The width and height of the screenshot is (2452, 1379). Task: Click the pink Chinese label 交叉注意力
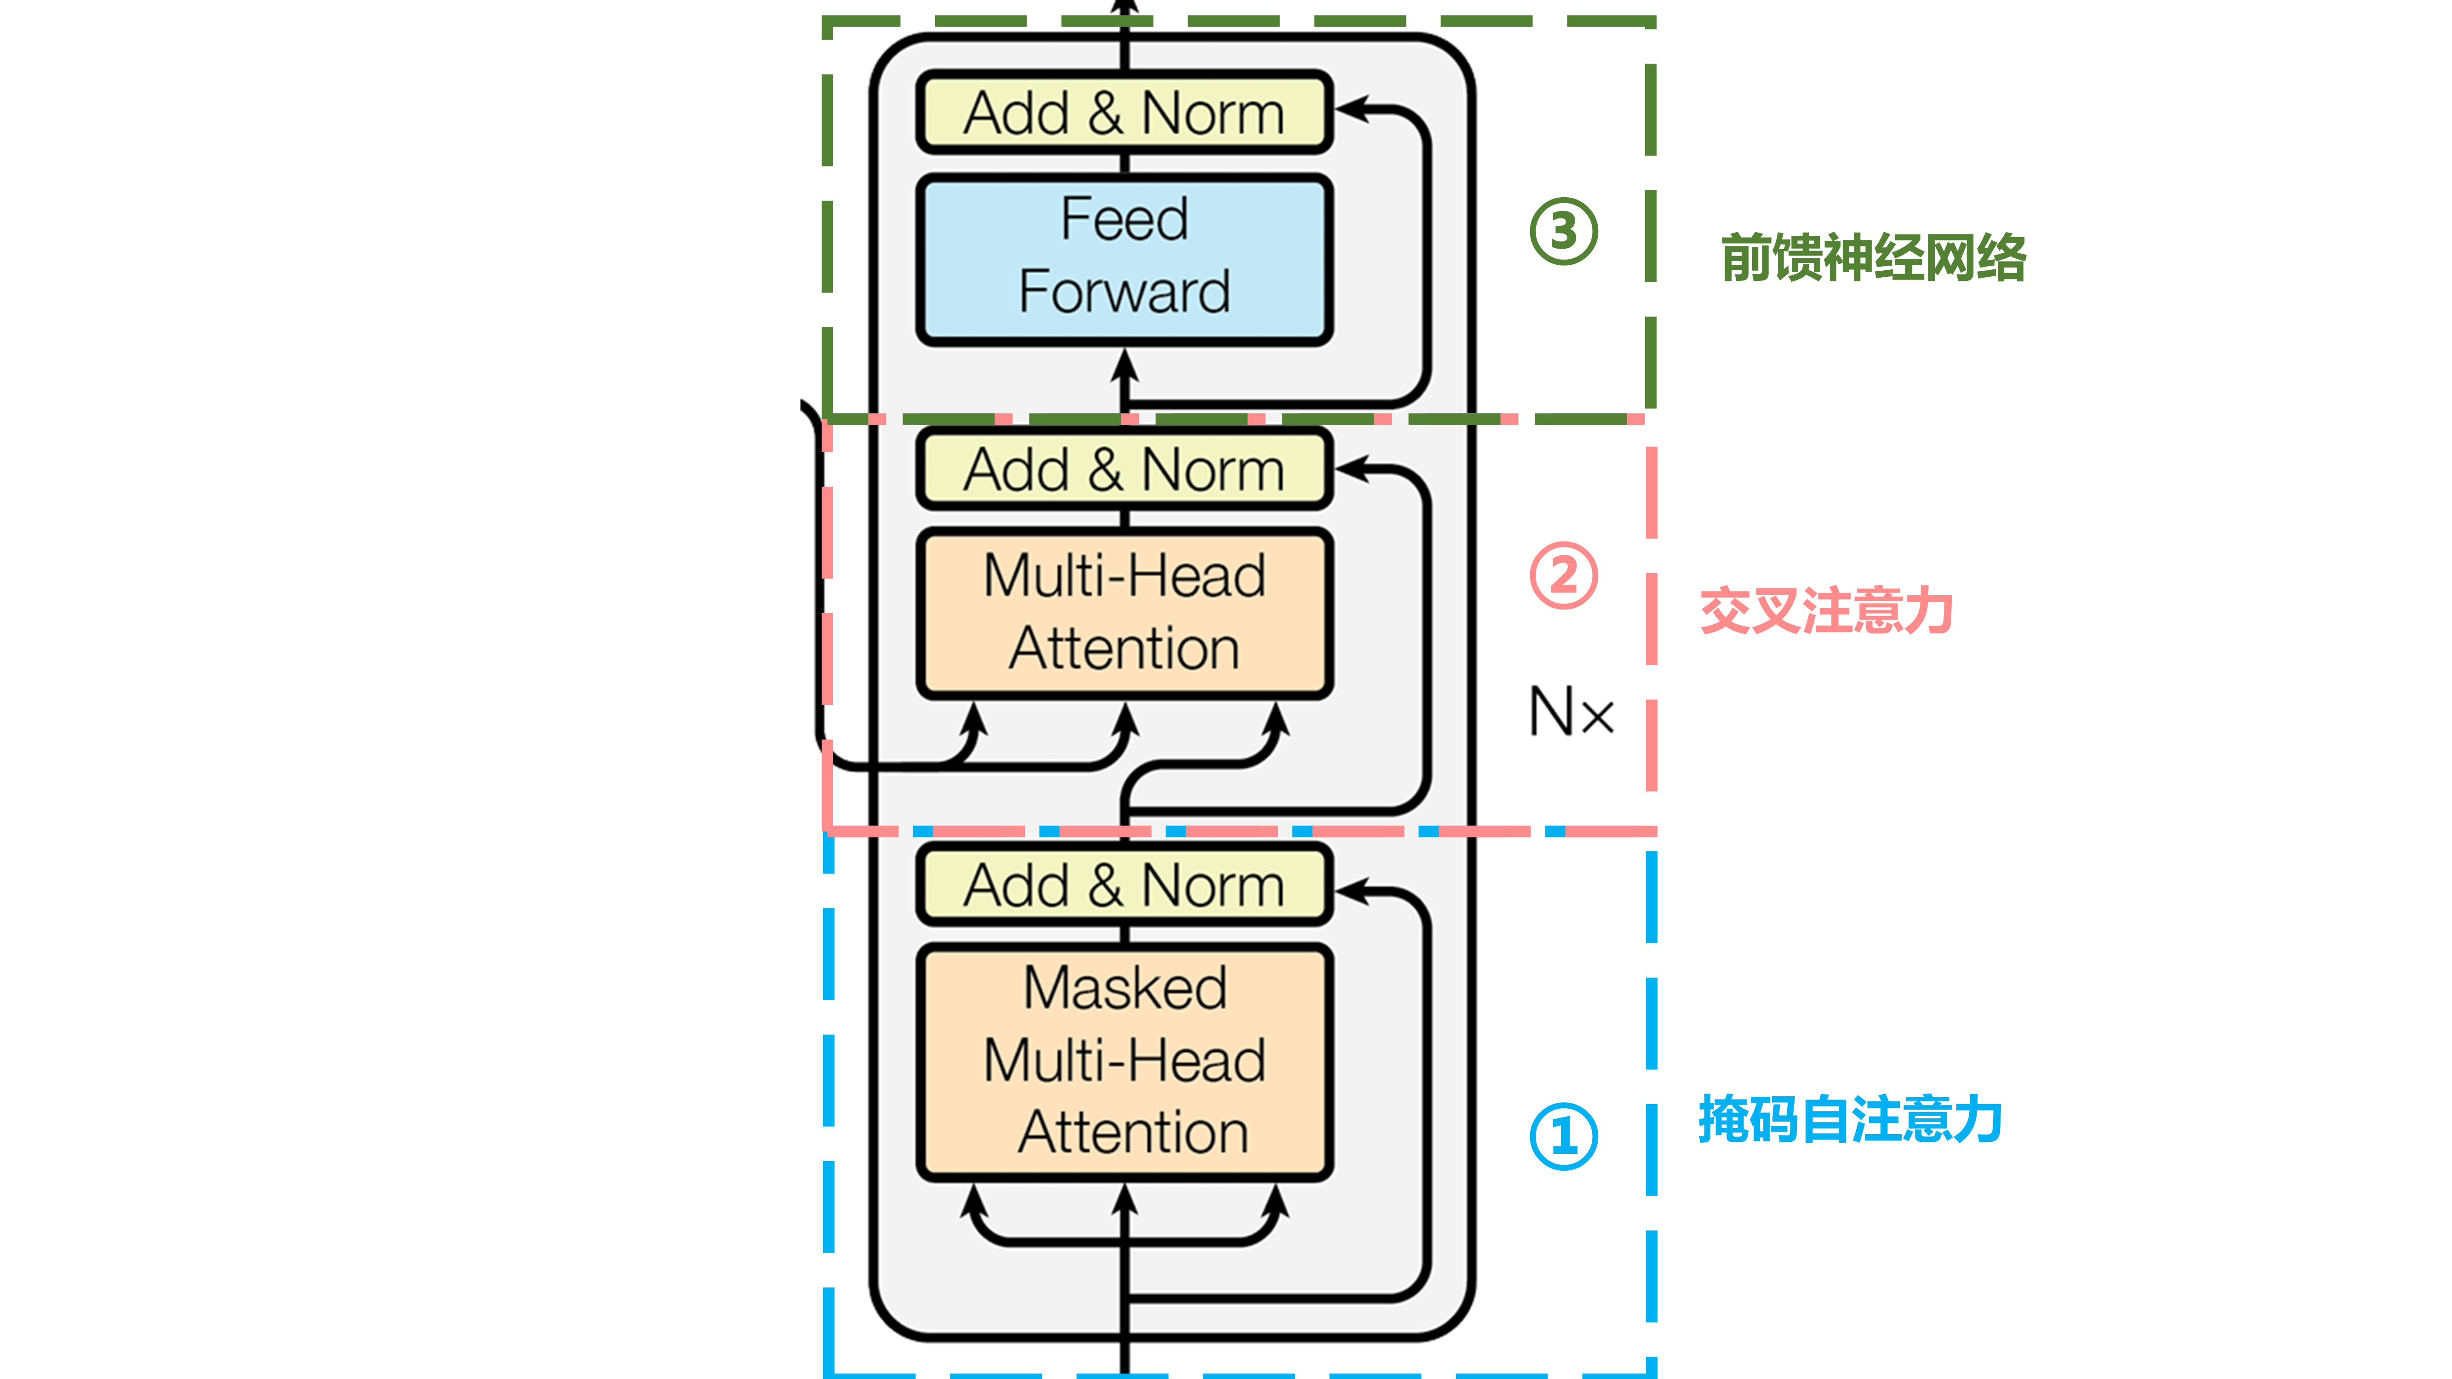coord(1826,611)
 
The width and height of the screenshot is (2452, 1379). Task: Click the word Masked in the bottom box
coord(1124,988)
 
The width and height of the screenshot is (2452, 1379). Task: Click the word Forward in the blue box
coord(1124,291)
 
